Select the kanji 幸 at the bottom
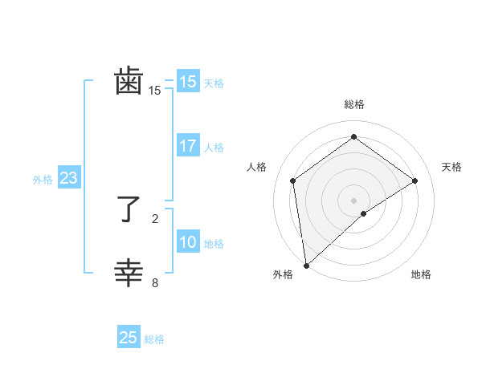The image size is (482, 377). click(129, 274)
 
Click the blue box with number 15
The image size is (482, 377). click(188, 82)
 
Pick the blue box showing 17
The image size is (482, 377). click(188, 146)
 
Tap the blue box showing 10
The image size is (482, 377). click(188, 242)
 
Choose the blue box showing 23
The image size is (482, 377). click(68, 178)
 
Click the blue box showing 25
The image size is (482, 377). click(129, 338)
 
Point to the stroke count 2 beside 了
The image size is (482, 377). click(155, 218)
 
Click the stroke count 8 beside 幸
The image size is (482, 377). click(155, 282)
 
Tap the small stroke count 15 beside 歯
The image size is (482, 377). click(155, 91)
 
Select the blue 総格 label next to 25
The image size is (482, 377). click(154, 339)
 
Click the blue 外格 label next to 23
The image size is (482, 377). click(43, 180)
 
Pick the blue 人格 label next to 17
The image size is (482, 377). click(214, 148)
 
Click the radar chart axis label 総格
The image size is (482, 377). click(353, 104)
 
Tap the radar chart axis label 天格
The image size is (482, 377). click(451, 167)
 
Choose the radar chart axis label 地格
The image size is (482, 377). click(421, 274)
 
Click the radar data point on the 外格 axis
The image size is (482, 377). click(306, 265)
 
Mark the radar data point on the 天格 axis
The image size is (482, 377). click(415, 180)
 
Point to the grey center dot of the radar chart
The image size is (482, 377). click(353, 200)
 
